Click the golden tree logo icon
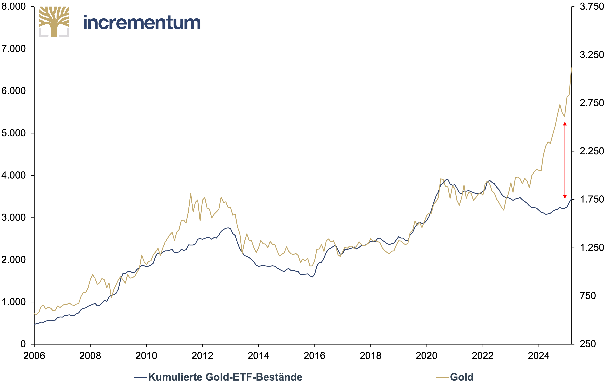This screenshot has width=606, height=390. [x=54, y=22]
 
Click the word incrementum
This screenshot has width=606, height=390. [x=142, y=23]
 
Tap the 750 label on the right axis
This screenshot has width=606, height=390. [x=588, y=296]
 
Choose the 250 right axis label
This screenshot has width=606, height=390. [x=588, y=344]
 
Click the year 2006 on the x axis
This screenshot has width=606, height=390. [x=34, y=356]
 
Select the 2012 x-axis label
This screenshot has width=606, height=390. [x=202, y=356]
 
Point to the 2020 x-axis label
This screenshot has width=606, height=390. [x=426, y=356]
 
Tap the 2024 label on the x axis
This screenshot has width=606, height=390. [x=539, y=356]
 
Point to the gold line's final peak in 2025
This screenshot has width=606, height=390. [x=571, y=68]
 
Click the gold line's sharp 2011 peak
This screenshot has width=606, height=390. [x=191, y=194]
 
